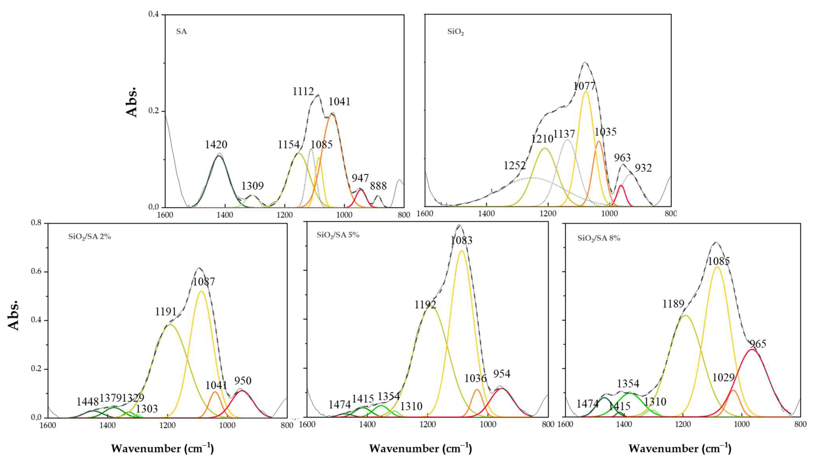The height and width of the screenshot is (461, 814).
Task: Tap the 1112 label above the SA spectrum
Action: pos(303,91)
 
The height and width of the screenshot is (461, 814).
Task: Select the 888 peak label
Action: pos(378,186)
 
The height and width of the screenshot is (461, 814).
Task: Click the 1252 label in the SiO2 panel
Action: pos(515,165)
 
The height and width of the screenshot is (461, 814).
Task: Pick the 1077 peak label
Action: pos(584,86)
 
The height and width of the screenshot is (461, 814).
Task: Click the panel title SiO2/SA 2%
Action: pos(89,236)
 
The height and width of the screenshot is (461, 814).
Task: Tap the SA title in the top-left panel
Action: pos(181,32)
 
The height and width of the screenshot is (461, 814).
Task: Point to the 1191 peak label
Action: pos(165,312)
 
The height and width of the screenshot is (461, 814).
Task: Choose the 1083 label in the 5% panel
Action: pos(461,241)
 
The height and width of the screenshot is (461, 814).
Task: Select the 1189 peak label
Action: pos(673,304)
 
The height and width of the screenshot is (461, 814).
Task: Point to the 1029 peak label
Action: pos(723,377)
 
